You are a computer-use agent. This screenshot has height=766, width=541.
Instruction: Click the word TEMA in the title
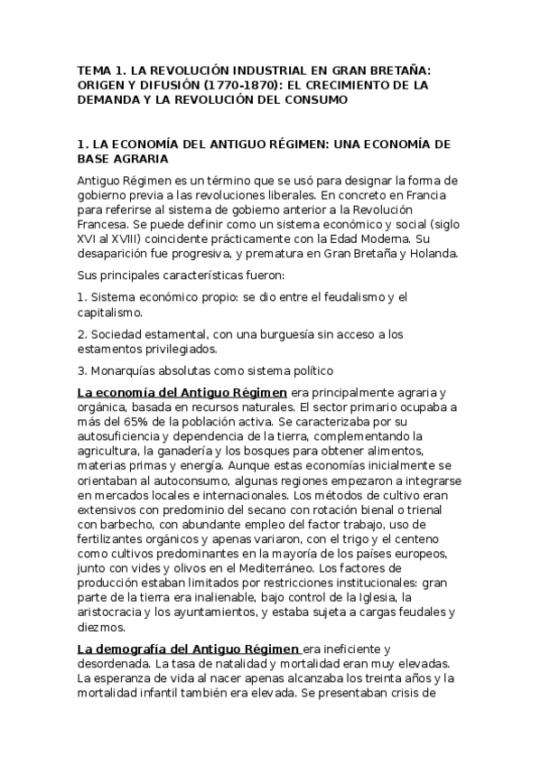coord(92,69)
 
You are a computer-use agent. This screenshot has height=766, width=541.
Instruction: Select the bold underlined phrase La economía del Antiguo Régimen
coord(182,392)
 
